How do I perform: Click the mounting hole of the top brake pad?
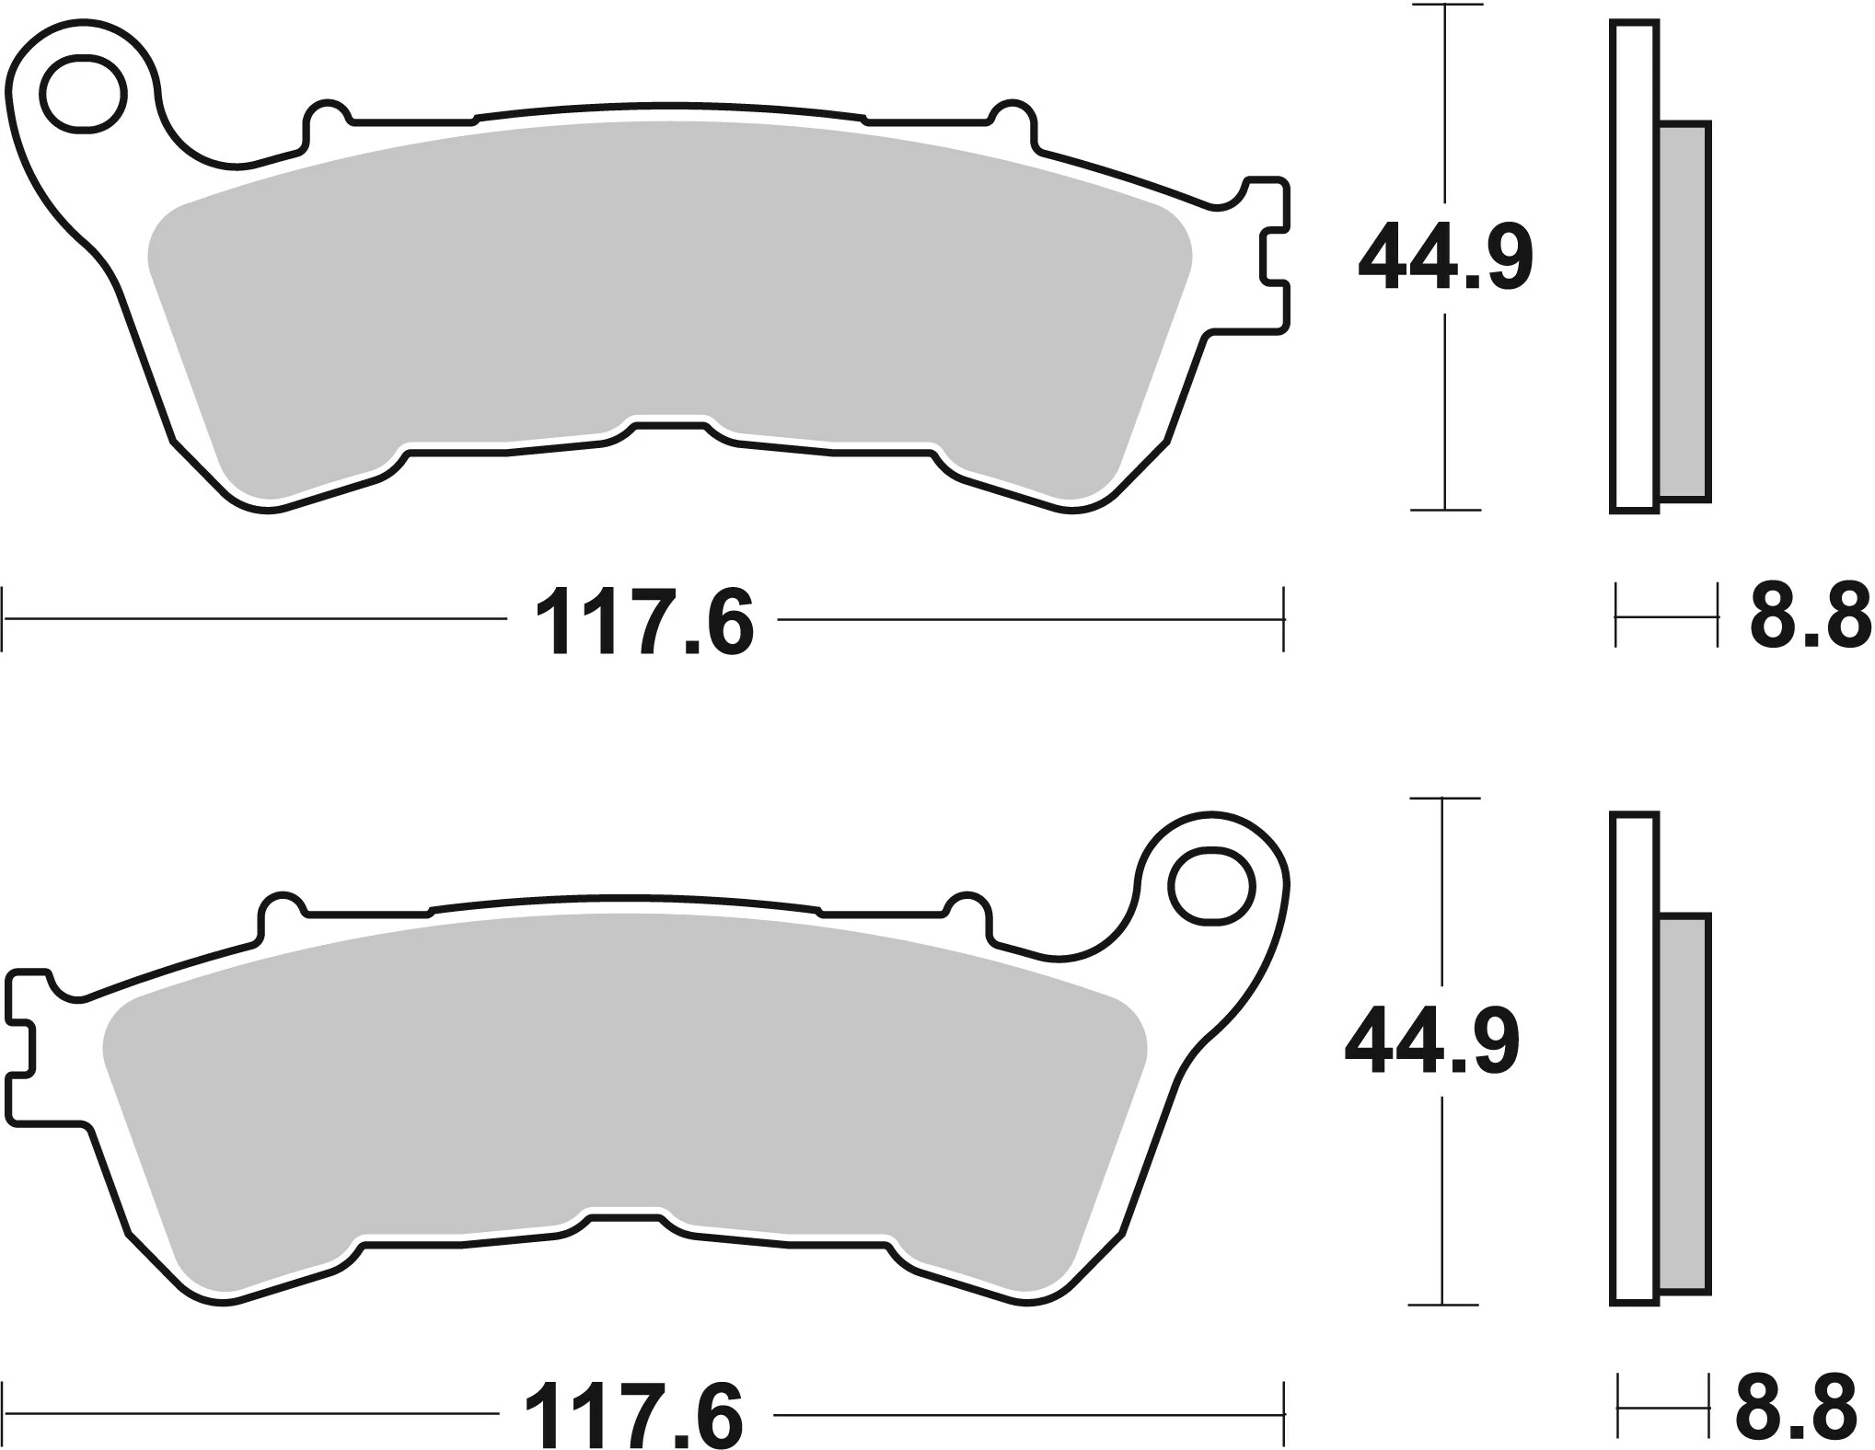click(82, 95)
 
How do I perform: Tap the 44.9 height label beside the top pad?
click(1445, 259)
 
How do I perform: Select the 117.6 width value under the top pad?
click(643, 623)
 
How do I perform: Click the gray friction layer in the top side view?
click(1684, 313)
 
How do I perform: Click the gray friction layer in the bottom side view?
click(1684, 1104)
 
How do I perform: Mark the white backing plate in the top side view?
click(1635, 267)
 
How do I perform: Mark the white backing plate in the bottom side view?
click(1635, 1058)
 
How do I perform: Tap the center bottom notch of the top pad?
click(669, 432)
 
